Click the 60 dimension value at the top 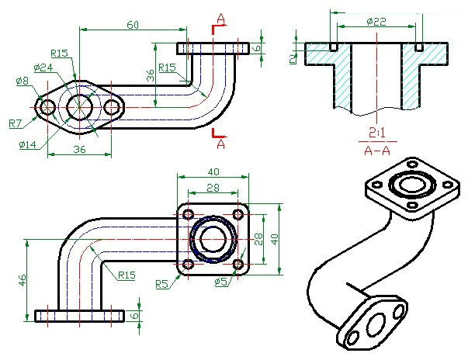pyautogui.click(x=133, y=25)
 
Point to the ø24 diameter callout pyautogui.click(x=43, y=67)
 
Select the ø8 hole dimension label pyautogui.click(x=22, y=81)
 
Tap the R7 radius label pyautogui.click(x=16, y=123)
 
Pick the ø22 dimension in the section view pyautogui.click(x=376, y=22)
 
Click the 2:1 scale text pyautogui.click(x=378, y=130)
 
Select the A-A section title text pyautogui.click(x=378, y=150)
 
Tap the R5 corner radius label pyautogui.click(x=161, y=284)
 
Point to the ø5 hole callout pyautogui.click(x=221, y=281)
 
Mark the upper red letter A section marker pyautogui.click(x=221, y=18)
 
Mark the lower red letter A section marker pyautogui.click(x=221, y=144)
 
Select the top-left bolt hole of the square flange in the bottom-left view pyautogui.click(x=188, y=213)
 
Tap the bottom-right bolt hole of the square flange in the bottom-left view pyautogui.click(x=238, y=265)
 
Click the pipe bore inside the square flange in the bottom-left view pyautogui.click(x=213, y=239)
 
